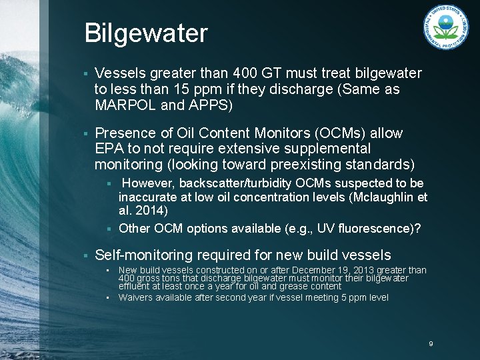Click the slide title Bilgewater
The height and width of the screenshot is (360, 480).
146,33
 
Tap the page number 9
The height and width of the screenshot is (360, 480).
431,344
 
